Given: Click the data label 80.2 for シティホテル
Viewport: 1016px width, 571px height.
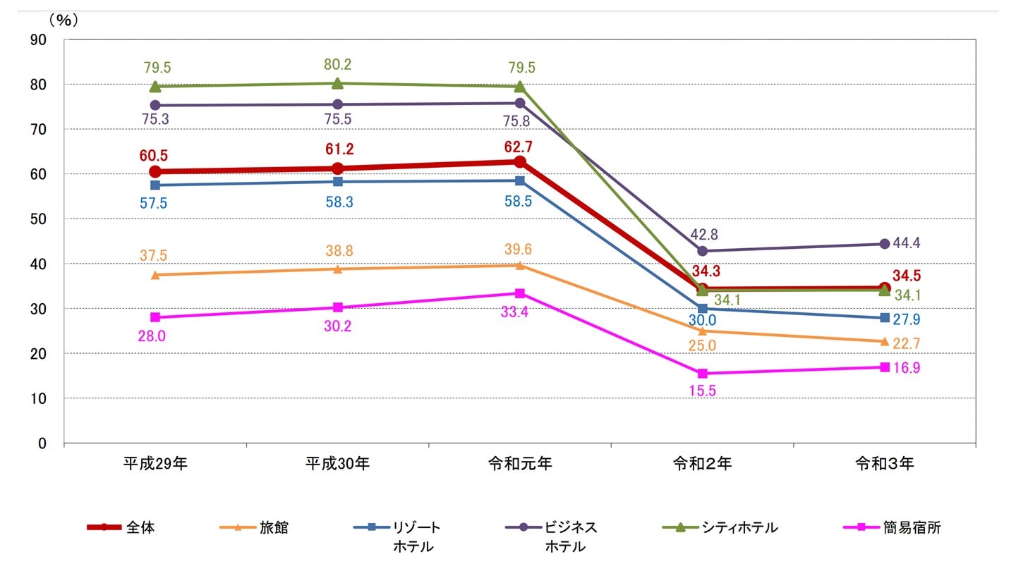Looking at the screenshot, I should click(x=337, y=65).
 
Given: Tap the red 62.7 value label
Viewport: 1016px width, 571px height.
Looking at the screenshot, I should click(x=520, y=148).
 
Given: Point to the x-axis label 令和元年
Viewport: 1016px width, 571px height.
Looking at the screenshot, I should click(x=520, y=464).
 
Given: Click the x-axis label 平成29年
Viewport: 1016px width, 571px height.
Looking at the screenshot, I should click(x=155, y=464).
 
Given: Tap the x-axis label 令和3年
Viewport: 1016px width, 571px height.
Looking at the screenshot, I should click(x=885, y=464).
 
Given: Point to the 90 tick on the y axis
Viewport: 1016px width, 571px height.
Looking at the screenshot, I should click(x=40, y=39).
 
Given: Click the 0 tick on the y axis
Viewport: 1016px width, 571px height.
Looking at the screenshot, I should click(x=42, y=443).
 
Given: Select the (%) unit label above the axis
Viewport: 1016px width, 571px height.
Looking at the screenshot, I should click(x=64, y=20).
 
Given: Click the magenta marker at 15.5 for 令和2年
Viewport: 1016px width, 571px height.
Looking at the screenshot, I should click(x=702, y=374).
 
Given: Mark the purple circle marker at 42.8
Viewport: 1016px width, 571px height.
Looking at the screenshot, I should click(x=702, y=251).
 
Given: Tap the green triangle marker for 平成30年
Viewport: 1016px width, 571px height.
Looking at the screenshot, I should click(x=337, y=83).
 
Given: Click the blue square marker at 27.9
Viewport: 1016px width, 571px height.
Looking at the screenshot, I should click(x=885, y=318).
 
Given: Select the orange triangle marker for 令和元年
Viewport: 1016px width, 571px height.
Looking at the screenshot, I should click(x=520, y=266).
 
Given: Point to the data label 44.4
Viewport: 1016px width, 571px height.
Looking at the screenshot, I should click(x=907, y=243).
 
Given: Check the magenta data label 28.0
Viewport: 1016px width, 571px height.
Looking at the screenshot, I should click(x=152, y=336).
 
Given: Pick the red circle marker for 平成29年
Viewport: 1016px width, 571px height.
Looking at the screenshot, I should click(x=155, y=171).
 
